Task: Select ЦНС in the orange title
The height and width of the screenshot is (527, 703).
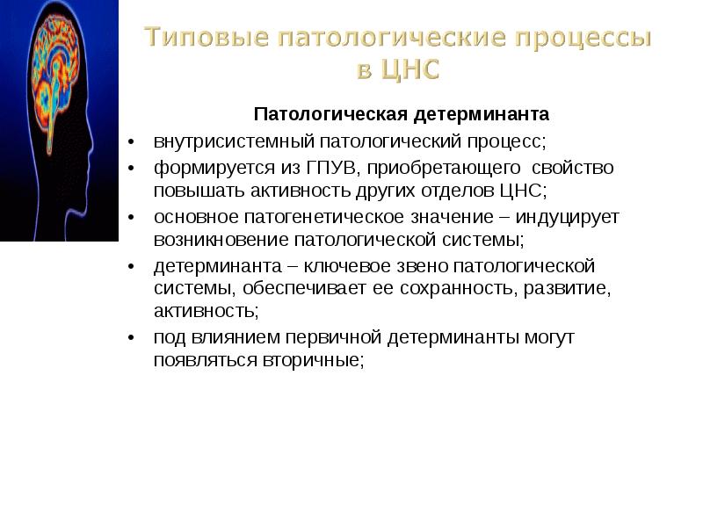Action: tap(410, 71)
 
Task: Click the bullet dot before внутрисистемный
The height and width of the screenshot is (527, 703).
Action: tap(129, 142)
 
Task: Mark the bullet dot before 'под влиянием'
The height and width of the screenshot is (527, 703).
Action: tap(129, 337)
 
